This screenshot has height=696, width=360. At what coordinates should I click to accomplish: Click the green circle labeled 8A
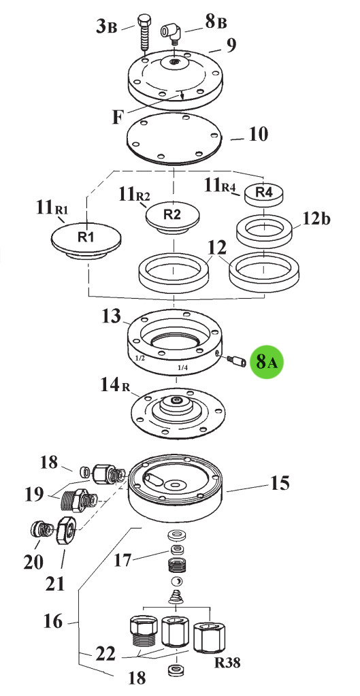tap(267, 361)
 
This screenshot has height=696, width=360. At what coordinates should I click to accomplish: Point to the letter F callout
tap(117, 118)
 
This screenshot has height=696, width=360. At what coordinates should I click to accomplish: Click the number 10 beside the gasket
tap(259, 133)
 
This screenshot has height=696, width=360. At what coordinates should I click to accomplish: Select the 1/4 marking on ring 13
tap(182, 367)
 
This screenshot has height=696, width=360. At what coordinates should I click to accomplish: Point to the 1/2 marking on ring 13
tap(140, 357)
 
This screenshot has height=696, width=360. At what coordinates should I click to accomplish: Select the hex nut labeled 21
tap(67, 529)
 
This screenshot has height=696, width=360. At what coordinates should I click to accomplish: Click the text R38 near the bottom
tap(227, 663)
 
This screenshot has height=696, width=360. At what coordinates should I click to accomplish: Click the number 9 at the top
tap(231, 46)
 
